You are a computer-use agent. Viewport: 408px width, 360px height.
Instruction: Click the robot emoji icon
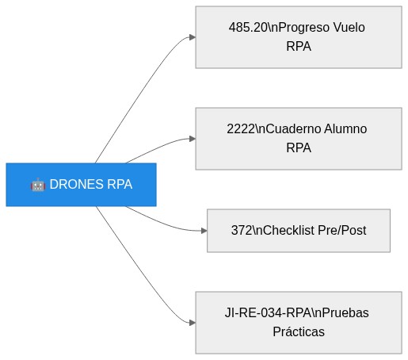pos(38,185)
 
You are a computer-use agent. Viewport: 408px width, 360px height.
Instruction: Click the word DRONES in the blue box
pos(76,184)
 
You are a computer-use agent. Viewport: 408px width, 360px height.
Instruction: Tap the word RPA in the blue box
pos(120,184)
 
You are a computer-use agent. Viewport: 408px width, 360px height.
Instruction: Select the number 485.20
pos(248,27)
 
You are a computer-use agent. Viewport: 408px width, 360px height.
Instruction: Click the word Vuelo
pos(349,27)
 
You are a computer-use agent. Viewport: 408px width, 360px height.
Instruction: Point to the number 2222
pos(241,128)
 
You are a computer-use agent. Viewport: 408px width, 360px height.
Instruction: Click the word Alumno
pos(345,128)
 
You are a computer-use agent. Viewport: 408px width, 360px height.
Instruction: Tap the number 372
pos(242,230)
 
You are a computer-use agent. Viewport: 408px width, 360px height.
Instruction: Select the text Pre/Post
pos(342,230)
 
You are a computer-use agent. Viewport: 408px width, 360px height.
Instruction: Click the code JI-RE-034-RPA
pos(268,312)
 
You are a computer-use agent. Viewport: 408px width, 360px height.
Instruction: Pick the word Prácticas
pos(299,331)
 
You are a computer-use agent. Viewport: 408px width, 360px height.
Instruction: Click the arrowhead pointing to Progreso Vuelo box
pos(193,37)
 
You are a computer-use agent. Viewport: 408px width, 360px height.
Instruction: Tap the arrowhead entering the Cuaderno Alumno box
pos(193,139)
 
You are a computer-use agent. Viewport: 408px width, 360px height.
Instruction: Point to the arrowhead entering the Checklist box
pos(204,231)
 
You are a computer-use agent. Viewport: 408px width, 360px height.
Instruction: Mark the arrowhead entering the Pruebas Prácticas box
pos(193,323)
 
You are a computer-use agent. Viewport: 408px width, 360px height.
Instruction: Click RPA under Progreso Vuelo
pos(299,46)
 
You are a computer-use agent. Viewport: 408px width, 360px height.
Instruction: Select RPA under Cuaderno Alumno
pos(299,147)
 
